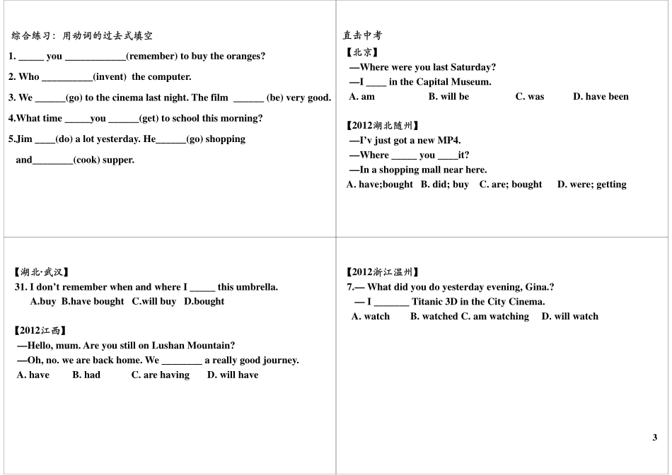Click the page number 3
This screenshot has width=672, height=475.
[x=655, y=437]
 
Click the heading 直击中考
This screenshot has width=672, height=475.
[x=363, y=35]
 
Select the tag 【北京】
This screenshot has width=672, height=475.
[x=362, y=52]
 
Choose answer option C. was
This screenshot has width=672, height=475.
[x=530, y=97]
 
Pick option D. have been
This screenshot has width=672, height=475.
[x=601, y=97]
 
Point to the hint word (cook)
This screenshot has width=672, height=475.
[x=88, y=160]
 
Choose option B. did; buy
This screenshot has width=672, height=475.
[x=445, y=184]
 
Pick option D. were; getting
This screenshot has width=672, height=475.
[x=592, y=184]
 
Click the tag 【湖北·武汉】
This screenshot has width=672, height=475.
[x=42, y=272]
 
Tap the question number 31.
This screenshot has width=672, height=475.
[x=21, y=287]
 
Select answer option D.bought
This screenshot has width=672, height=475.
[x=204, y=301]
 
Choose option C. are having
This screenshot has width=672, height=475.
[x=161, y=375]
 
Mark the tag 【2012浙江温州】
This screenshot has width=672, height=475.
[x=383, y=272]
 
